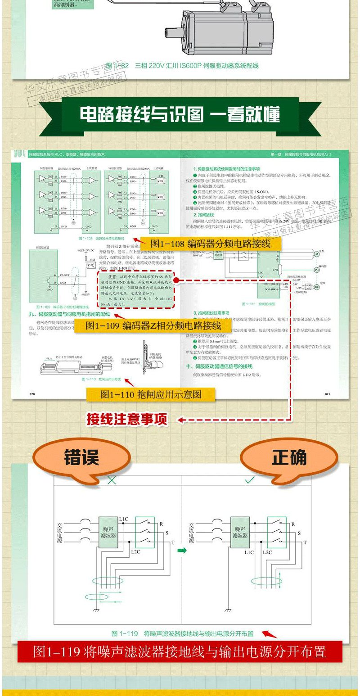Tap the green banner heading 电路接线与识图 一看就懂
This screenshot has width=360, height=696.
click(x=180, y=115)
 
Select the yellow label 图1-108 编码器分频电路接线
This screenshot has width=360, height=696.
click(x=210, y=244)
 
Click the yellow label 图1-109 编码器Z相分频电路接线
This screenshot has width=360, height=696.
click(x=153, y=325)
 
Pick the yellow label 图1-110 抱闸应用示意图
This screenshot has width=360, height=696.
click(x=151, y=395)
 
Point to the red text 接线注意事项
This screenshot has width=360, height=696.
click(x=127, y=420)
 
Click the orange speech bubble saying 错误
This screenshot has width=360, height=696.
click(x=81, y=457)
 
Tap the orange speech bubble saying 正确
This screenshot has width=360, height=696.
click(x=288, y=457)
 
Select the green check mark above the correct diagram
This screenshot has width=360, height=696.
click(x=250, y=480)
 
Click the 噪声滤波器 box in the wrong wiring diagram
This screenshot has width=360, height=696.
click(x=108, y=532)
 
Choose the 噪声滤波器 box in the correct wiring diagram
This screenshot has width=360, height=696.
click(x=240, y=532)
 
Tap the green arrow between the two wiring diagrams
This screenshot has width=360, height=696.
click(x=182, y=550)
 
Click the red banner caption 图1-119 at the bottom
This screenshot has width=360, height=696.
click(x=180, y=651)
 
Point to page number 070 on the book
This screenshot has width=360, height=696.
click(x=32, y=393)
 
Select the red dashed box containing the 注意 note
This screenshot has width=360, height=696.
click(x=136, y=289)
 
